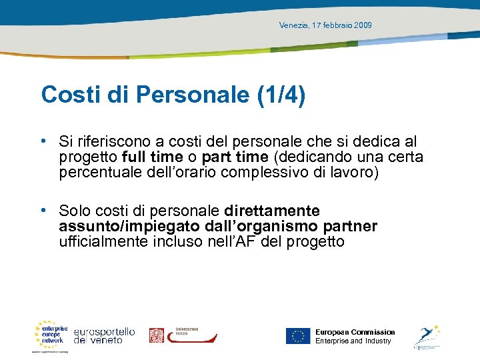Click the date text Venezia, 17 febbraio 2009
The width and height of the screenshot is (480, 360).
point(325,25)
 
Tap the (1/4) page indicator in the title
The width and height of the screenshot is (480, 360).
point(281,95)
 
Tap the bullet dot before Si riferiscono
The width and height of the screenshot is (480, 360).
point(43,141)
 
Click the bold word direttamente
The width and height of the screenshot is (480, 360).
point(272,211)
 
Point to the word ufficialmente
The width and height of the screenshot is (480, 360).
point(103,242)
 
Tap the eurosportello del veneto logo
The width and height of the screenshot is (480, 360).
point(104,335)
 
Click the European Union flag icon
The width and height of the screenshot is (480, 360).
point(298,336)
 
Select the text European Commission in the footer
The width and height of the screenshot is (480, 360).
point(355,332)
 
